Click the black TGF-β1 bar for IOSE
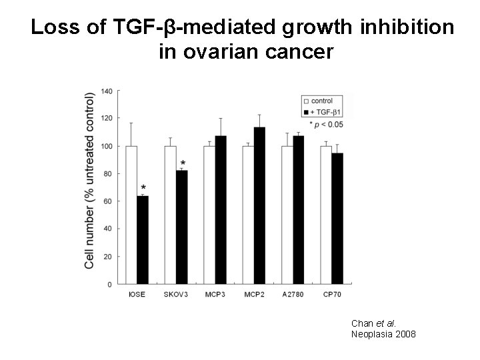143,239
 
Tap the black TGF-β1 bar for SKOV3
182,227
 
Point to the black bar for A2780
299,209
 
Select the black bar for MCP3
221,209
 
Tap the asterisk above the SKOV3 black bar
183,163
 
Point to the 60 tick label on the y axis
108,201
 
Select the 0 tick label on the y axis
110,285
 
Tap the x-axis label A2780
292,293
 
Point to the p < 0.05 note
326,124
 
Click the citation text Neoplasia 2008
383,333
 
